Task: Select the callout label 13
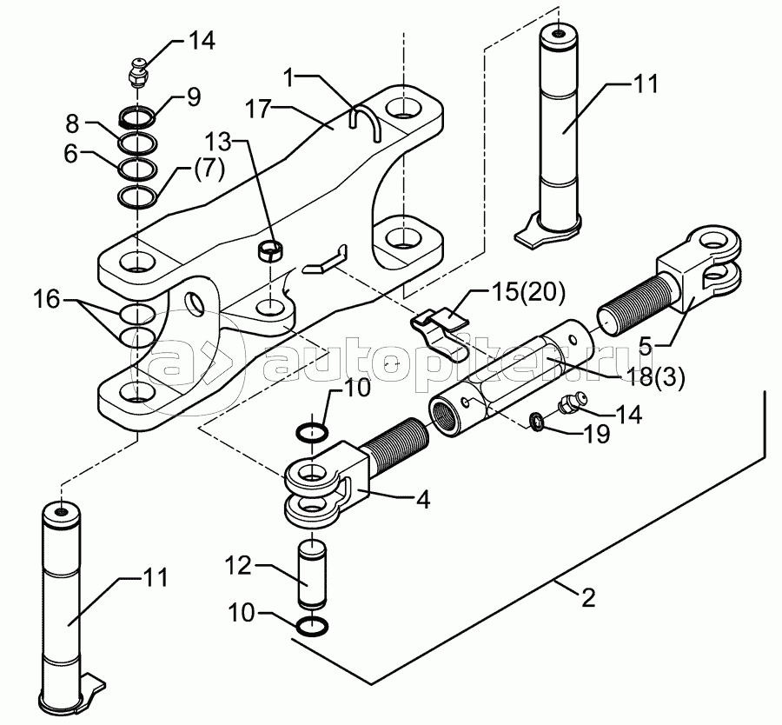(x=218, y=143)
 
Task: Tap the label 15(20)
(x=528, y=293)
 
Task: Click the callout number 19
(x=596, y=434)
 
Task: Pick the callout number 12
(x=238, y=565)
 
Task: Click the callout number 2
(x=588, y=598)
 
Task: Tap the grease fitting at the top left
(x=137, y=74)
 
